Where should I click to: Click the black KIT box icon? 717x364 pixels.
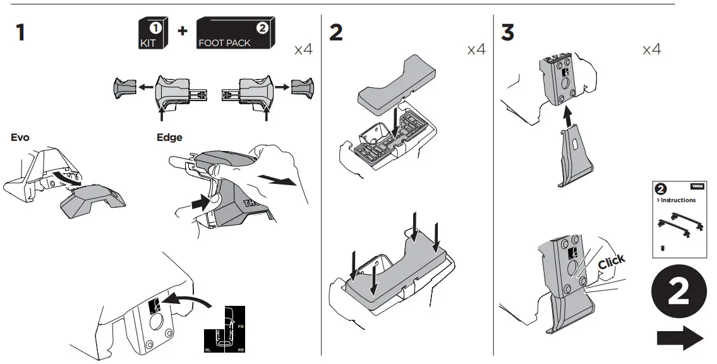click(152, 35)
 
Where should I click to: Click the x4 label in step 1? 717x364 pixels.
click(303, 50)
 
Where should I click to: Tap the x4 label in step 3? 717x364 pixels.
click(651, 49)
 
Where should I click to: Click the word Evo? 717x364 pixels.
click(20, 137)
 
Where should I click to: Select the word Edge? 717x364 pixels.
click(169, 137)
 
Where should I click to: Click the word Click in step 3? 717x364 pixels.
click(611, 261)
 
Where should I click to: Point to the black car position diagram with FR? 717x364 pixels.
click(224, 331)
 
